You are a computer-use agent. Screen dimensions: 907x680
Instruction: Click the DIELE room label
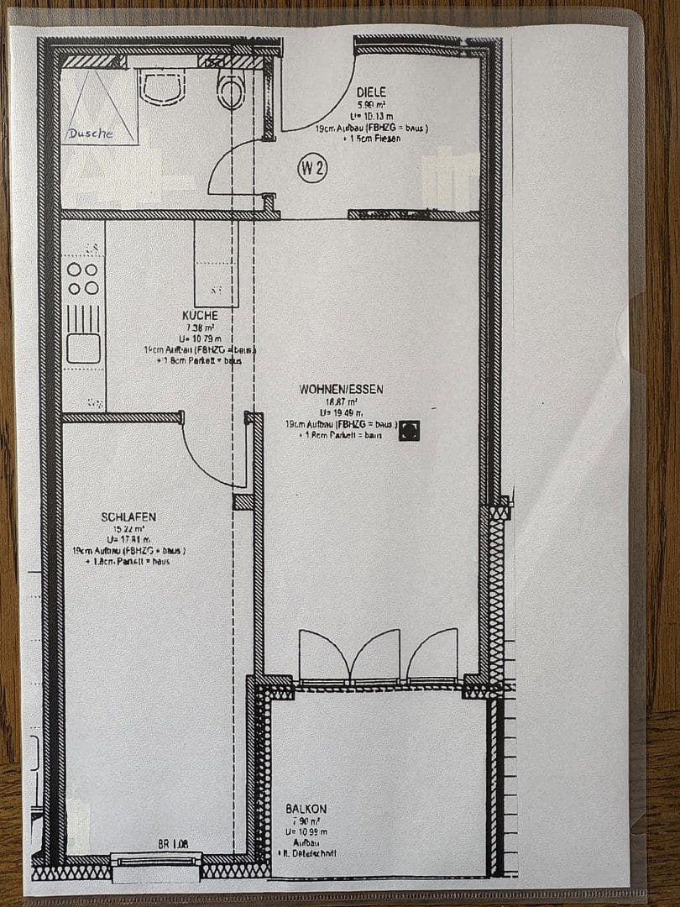371,92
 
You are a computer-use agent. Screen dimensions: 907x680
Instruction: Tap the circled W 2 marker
312,168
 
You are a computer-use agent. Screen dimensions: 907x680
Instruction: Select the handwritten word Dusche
90,133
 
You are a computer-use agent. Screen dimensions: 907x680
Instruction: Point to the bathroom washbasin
162,86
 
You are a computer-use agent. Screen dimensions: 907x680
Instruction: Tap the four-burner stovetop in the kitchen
83,278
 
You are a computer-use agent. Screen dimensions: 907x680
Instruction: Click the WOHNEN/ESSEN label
341,389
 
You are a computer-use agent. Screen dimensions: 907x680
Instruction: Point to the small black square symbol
409,430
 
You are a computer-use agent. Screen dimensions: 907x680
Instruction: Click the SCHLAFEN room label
128,517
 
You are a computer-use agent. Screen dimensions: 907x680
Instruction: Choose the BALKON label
306,809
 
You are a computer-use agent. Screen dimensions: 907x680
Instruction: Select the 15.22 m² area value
129,529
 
